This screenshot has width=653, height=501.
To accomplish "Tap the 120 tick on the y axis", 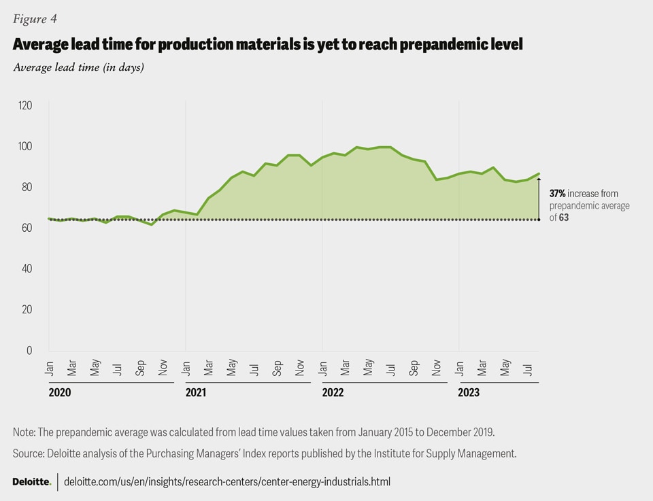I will point(25,105).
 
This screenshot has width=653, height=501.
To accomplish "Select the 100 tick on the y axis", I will point(25,146).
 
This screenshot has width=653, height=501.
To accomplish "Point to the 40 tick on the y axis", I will point(27,269).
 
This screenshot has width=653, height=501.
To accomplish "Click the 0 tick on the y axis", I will point(29,350).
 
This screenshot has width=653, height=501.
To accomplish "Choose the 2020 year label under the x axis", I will point(59,392).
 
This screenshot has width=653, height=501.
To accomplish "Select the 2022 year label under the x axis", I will point(333,392).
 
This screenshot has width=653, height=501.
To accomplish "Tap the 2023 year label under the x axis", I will point(469,392).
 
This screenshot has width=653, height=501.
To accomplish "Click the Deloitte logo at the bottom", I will point(31,481).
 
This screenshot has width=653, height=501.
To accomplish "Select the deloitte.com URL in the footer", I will point(227,481).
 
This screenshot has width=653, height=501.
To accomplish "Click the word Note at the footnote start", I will point(24,432).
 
